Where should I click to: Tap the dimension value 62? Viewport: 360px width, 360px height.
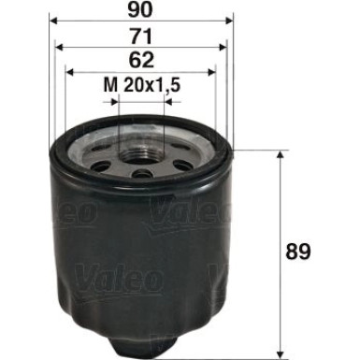click(x=140, y=61)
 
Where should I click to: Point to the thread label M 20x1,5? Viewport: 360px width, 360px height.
click(x=140, y=87)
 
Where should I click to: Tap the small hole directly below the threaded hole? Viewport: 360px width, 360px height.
click(x=140, y=174)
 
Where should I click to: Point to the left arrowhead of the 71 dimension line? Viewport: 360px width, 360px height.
click(x=59, y=46)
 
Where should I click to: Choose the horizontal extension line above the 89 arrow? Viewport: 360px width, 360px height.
click(x=262, y=150)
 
